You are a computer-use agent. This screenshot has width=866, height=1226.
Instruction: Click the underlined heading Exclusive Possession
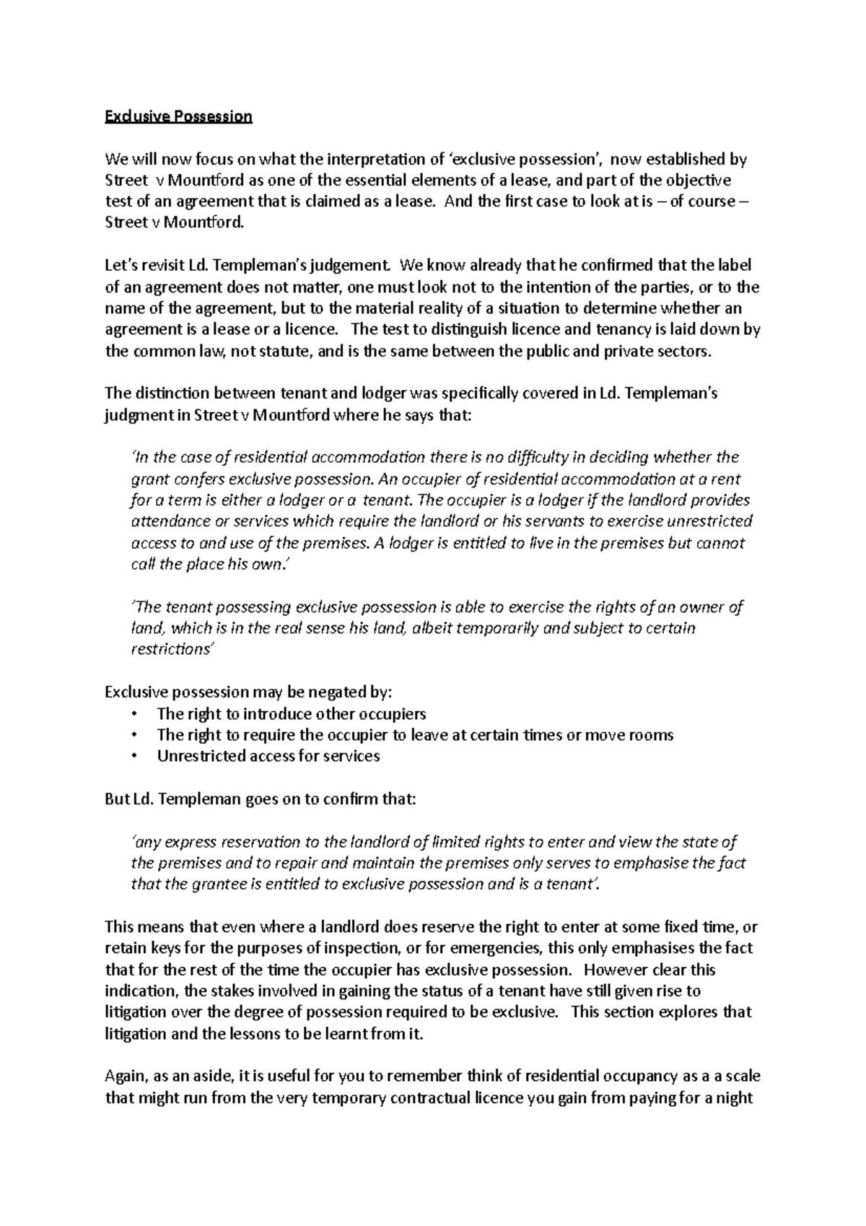tap(178, 116)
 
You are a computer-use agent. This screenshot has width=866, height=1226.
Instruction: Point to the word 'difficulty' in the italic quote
tap(538, 457)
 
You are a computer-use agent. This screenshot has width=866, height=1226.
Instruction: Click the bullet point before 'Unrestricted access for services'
tap(134, 756)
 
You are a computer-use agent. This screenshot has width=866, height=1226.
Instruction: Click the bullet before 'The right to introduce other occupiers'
tap(134, 714)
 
